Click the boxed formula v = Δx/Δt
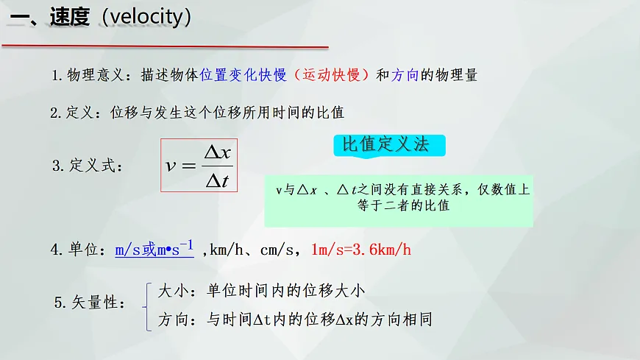pyautogui.click(x=199, y=166)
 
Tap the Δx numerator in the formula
pyautogui.click(x=217, y=152)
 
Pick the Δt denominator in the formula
pyautogui.click(x=217, y=180)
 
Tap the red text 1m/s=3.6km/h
pyautogui.click(x=361, y=250)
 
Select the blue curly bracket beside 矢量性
pyautogui.click(x=149, y=306)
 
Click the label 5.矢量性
pyautogui.click(x=90, y=303)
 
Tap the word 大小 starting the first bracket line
pyautogui.click(x=171, y=291)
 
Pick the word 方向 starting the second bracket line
pyautogui.click(x=171, y=320)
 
